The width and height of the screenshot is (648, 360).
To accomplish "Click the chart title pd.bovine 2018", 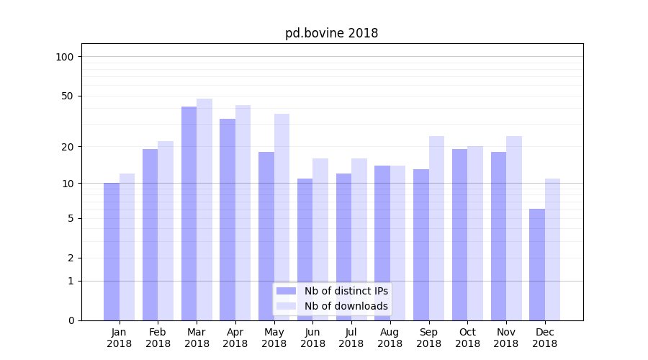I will pyautogui.click(x=331, y=33).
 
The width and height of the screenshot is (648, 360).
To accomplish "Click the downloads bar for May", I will pyautogui.click(x=282, y=217).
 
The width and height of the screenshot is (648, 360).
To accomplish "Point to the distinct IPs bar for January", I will pyautogui.click(x=112, y=251).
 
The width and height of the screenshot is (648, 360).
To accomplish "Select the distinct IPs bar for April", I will pyautogui.click(x=228, y=219).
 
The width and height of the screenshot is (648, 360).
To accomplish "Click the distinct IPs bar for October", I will pyautogui.click(x=459, y=234).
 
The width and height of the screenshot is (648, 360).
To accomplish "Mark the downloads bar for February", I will pyautogui.click(x=166, y=230).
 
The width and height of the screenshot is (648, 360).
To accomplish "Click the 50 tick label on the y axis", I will pyautogui.click(x=68, y=96).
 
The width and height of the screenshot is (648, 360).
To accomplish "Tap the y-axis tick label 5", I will pyautogui.click(x=71, y=218).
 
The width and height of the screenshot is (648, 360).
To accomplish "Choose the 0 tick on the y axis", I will pyautogui.click(x=71, y=320).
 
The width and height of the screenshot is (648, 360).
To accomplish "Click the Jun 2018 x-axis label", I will pyautogui.click(x=312, y=338).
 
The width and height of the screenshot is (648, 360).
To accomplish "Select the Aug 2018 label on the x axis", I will pyautogui.click(x=390, y=338).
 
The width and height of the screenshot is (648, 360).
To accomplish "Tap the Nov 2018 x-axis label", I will pyautogui.click(x=506, y=338).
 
